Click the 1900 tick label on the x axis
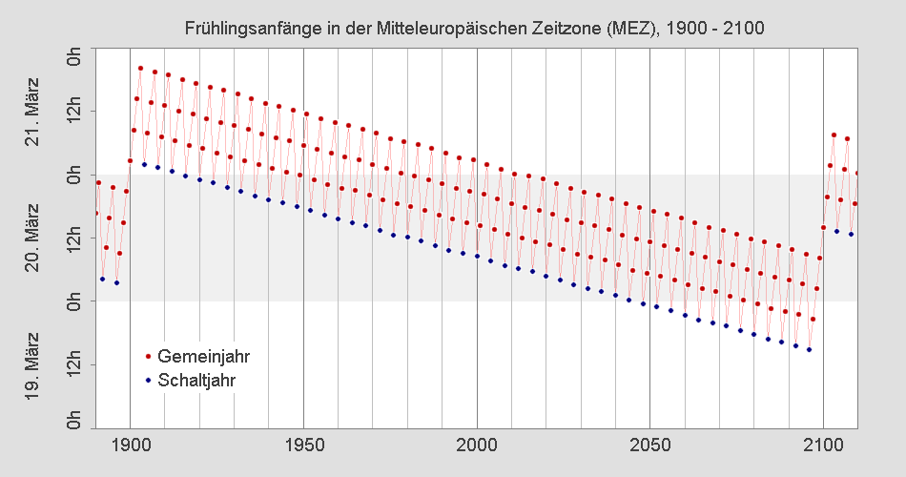(x=130, y=444)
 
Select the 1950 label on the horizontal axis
(x=303, y=444)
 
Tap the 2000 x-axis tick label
(x=477, y=444)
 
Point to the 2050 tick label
(x=650, y=444)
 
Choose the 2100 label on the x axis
(x=824, y=444)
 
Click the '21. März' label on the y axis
(x=32, y=112)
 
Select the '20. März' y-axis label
(x=32, y=238)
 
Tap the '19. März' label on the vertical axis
(x=32, y=364)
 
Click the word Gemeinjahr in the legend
(x=203, y=356)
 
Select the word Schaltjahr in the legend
(x=196, y=380)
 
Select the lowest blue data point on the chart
(x=809, y=350)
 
